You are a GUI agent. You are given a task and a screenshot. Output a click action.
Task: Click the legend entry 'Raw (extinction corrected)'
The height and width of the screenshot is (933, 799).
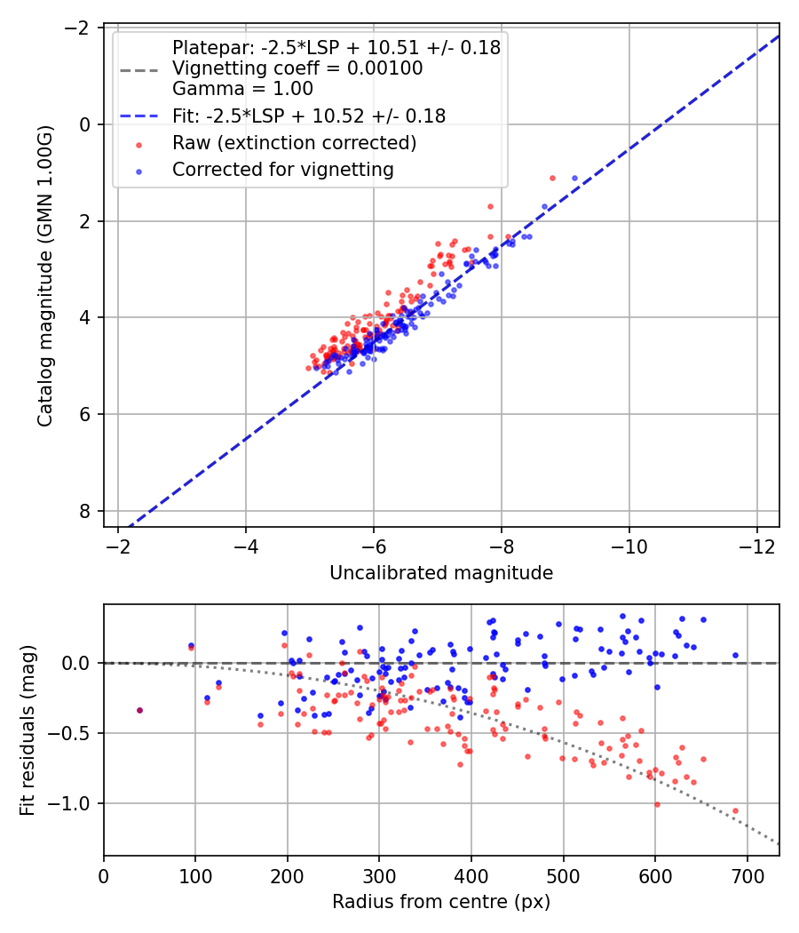pos(294,142)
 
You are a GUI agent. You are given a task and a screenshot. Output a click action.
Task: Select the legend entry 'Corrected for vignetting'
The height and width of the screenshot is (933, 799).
pos(282,169)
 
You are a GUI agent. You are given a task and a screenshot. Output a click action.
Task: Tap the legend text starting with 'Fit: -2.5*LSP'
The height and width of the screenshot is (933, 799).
pos(309,116)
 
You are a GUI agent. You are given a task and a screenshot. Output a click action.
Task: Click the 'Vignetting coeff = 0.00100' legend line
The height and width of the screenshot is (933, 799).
pos(297,68)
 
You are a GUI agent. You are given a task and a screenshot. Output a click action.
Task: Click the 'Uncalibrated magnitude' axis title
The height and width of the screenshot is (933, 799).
pos(441,573)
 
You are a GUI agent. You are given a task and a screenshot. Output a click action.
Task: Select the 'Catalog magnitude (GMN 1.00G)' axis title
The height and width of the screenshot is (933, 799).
pos(45,276)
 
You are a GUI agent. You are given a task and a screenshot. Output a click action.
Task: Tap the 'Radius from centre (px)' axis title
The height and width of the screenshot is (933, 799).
pos(441,902)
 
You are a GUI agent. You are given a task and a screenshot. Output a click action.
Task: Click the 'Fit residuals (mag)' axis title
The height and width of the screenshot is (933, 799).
pos(28,730)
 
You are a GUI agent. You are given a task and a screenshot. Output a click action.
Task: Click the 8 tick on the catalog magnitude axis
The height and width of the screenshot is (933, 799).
pos(86,511)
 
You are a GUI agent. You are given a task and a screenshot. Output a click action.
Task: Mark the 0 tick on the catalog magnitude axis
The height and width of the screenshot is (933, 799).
pos(86,124)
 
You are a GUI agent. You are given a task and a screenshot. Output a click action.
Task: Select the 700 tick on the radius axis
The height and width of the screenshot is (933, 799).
pos(747,877)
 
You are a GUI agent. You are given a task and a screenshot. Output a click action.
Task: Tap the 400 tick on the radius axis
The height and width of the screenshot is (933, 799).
pos(471,877)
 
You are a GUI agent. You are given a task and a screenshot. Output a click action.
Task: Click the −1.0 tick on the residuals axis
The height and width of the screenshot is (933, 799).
pos(74,803)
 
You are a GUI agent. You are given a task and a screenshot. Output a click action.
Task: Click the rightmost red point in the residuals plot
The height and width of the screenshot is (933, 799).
pos(735,810)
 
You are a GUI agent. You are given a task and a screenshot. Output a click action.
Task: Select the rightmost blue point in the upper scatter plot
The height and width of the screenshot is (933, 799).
pos(574,179)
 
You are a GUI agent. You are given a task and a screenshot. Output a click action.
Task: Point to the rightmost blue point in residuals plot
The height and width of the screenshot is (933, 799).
pos(735,655)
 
